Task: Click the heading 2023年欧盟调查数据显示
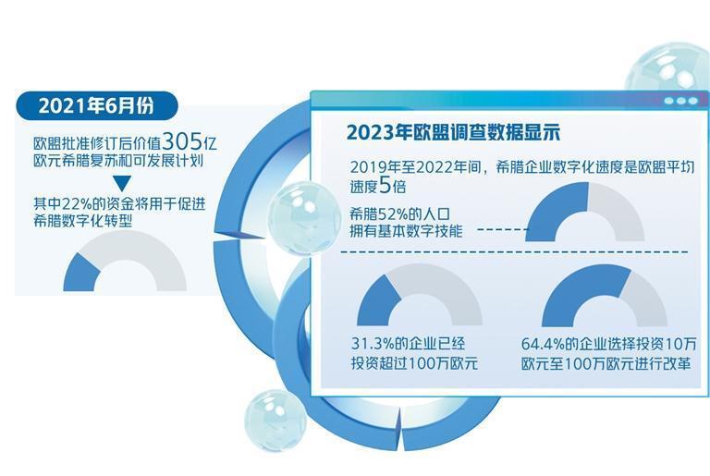pyautogui.click(x=454, y=130)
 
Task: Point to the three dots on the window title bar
pyautogui.click(x=679, y=101)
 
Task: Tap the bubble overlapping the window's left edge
pyautogui.click(x=300, y=217)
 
